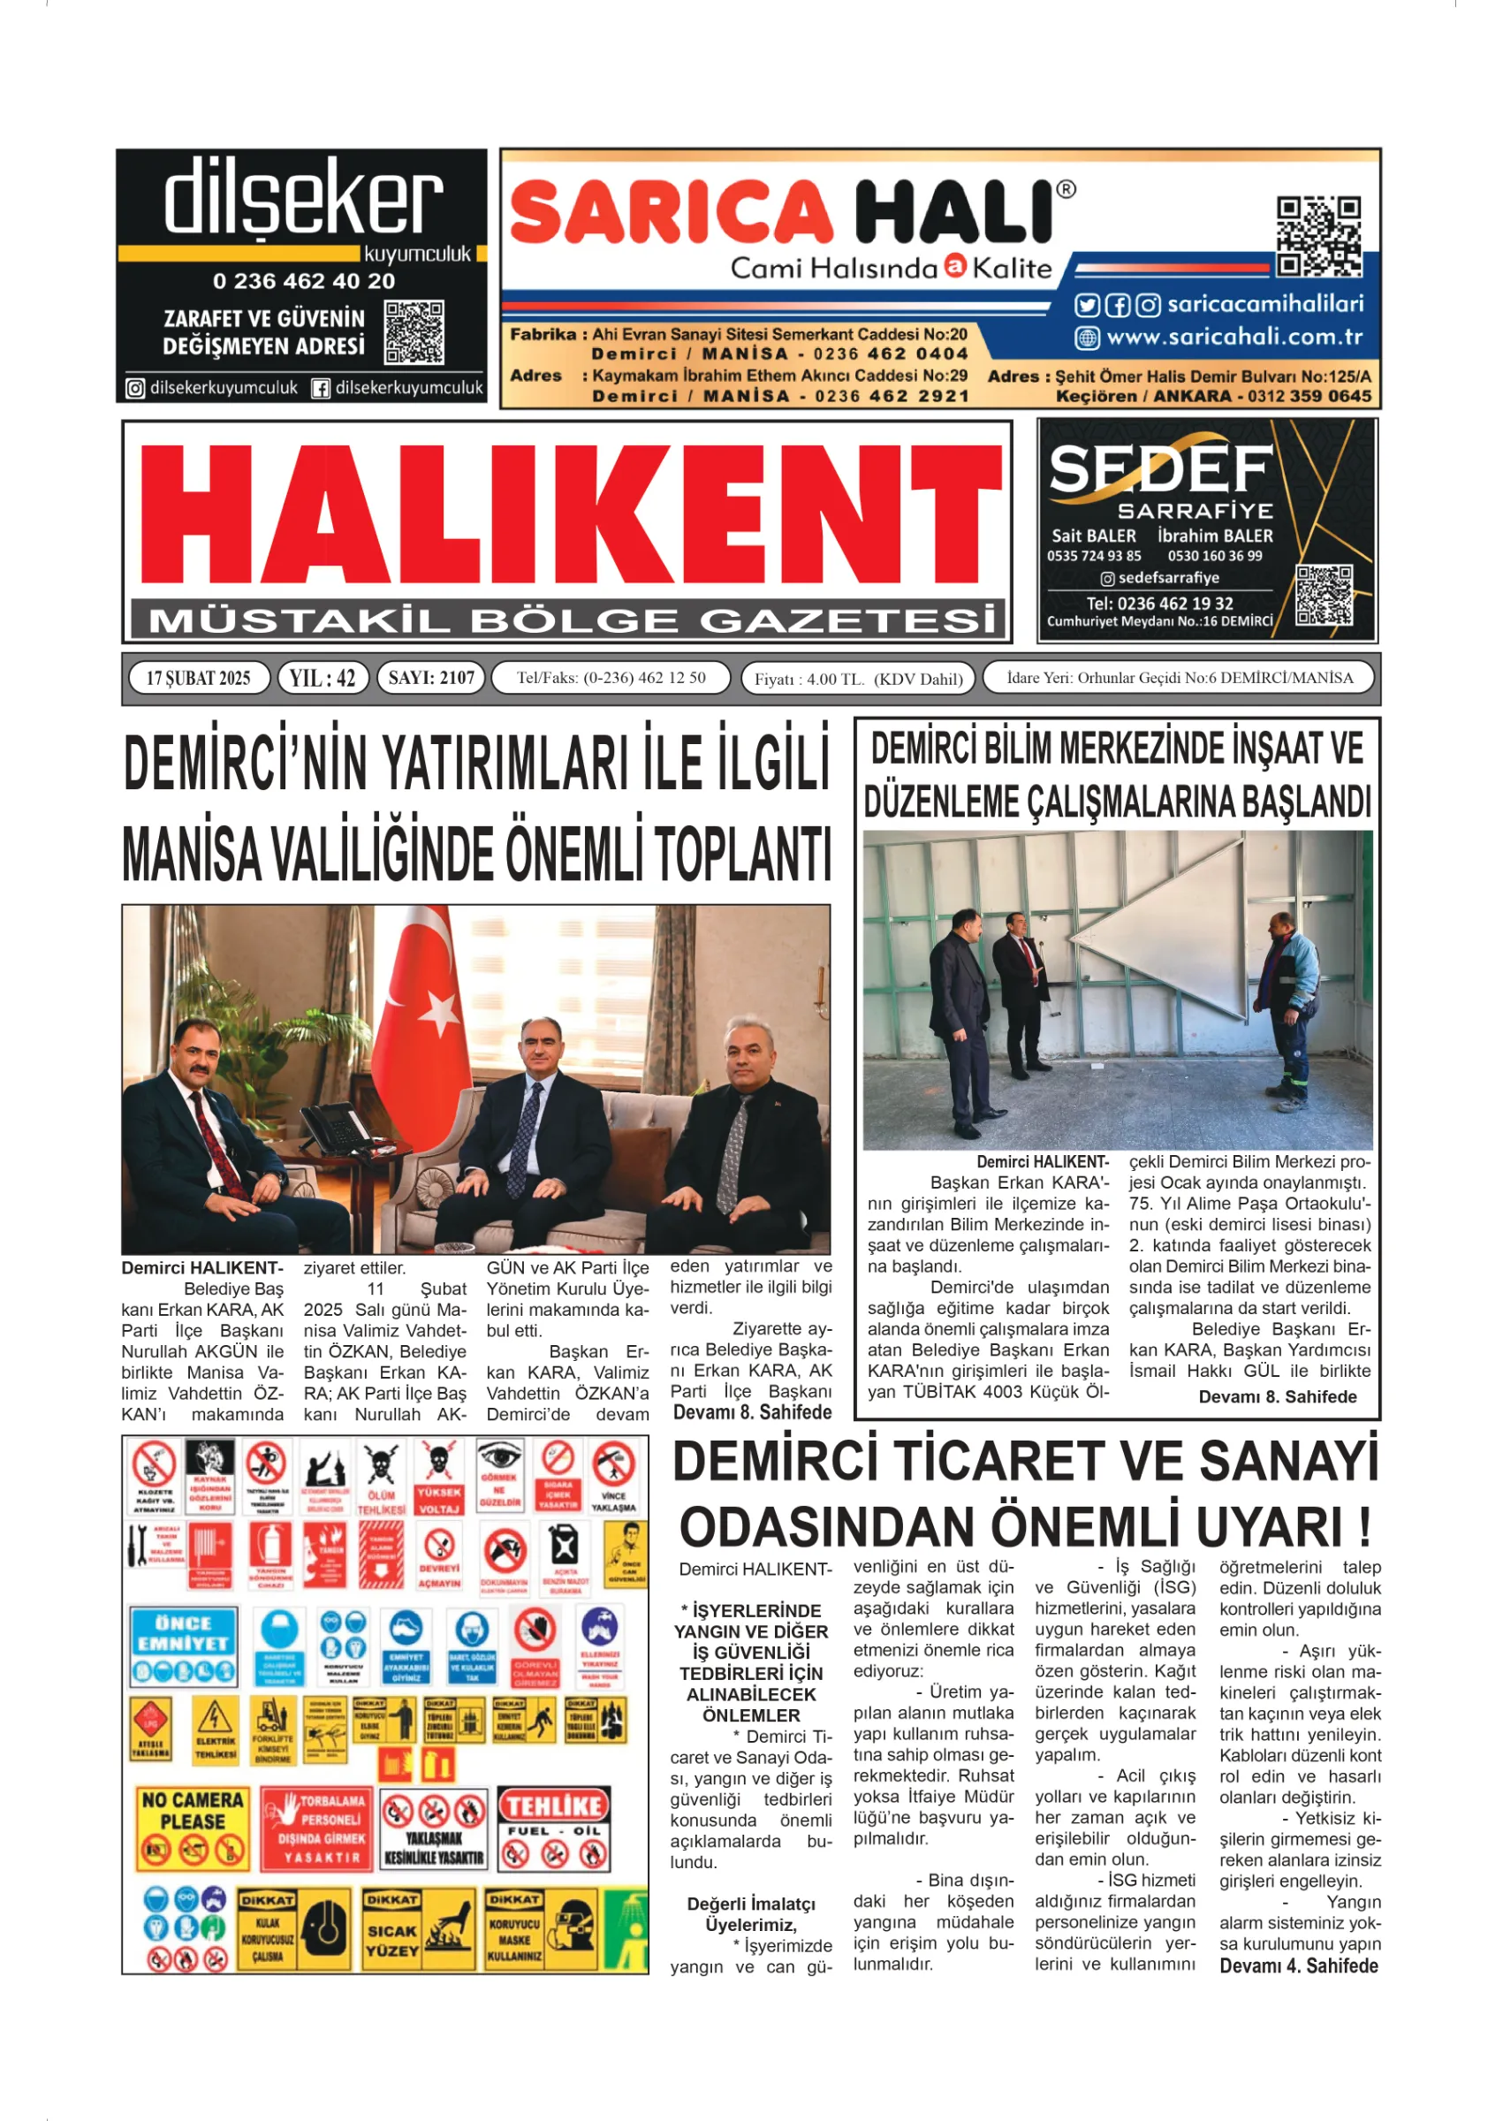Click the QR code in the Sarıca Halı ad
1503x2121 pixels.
pos(1318,236)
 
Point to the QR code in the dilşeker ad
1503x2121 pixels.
pos(414,331)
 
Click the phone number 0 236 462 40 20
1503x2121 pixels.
pos(304,280)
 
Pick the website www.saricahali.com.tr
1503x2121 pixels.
pos(1234,337)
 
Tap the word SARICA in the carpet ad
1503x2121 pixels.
pos(671,213)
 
